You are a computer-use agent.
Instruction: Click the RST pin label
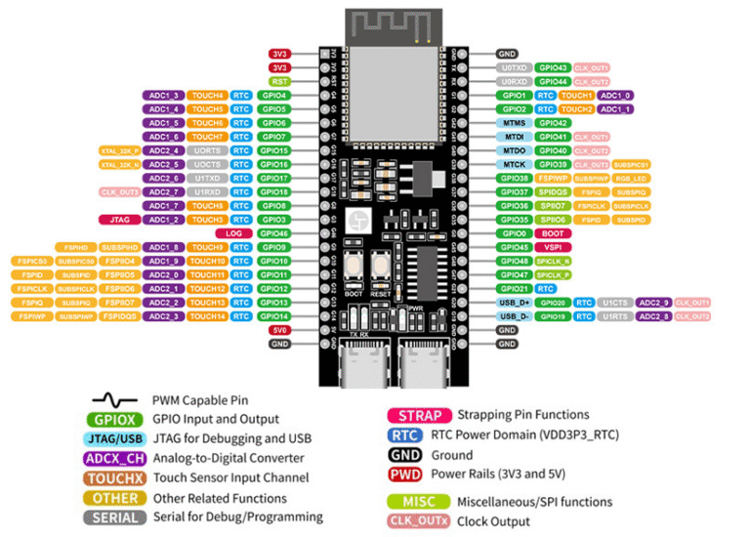coord(279,81)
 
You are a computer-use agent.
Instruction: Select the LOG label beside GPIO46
coord(233,233)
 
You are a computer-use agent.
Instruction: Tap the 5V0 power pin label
coord(279,330)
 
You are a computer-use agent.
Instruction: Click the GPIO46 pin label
coord(274,233)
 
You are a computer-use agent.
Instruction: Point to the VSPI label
coord(552,247)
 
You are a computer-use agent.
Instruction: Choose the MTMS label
coord(515,123)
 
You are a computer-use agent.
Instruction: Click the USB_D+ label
coord(515,303)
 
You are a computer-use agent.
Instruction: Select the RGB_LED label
coord(632,179)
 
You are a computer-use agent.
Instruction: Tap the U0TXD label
coord(515,67)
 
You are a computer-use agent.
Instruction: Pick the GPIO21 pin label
coord(515,289)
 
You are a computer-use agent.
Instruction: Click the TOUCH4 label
coord(207,95)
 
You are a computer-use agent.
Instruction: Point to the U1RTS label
coord(616,316)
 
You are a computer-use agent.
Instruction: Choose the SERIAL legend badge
coord(115,516)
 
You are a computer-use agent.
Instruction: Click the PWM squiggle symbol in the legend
coord(115,400)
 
